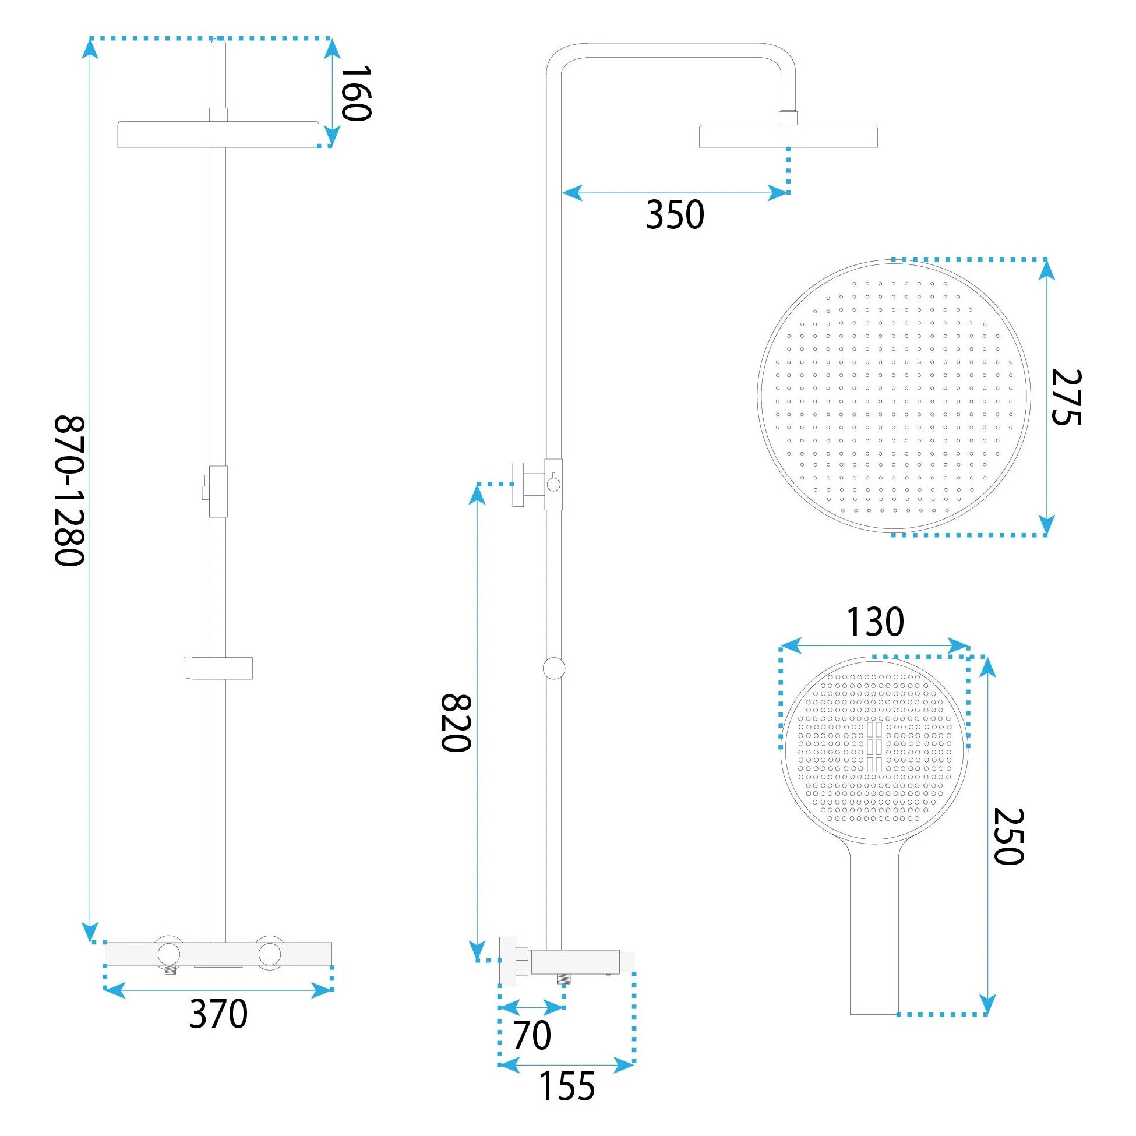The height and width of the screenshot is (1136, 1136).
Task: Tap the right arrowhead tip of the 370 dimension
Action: pyautogui.click(x=332, y=990)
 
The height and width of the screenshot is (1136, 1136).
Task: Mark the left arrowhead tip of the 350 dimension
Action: pyautogui.click(x=562, y=192)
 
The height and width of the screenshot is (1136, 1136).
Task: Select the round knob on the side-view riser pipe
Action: pyautogui.click(x=554, y=669)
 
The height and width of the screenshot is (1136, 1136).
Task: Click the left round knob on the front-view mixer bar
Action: pyautogui.click(x=168, y=954)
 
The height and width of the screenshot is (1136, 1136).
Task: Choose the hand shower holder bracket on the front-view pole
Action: pyautogui.click(x=218, y=668)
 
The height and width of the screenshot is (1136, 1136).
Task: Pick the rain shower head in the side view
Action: pyautogui.click(x=788, y=136)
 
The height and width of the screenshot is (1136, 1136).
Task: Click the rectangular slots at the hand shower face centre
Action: pyautogui.click(x=874, y=747)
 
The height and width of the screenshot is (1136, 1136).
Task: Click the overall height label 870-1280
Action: pyautogui.click(x=70, y=491)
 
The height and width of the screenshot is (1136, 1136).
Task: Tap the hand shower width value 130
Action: pyautogui.click(x=875, y=622)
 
